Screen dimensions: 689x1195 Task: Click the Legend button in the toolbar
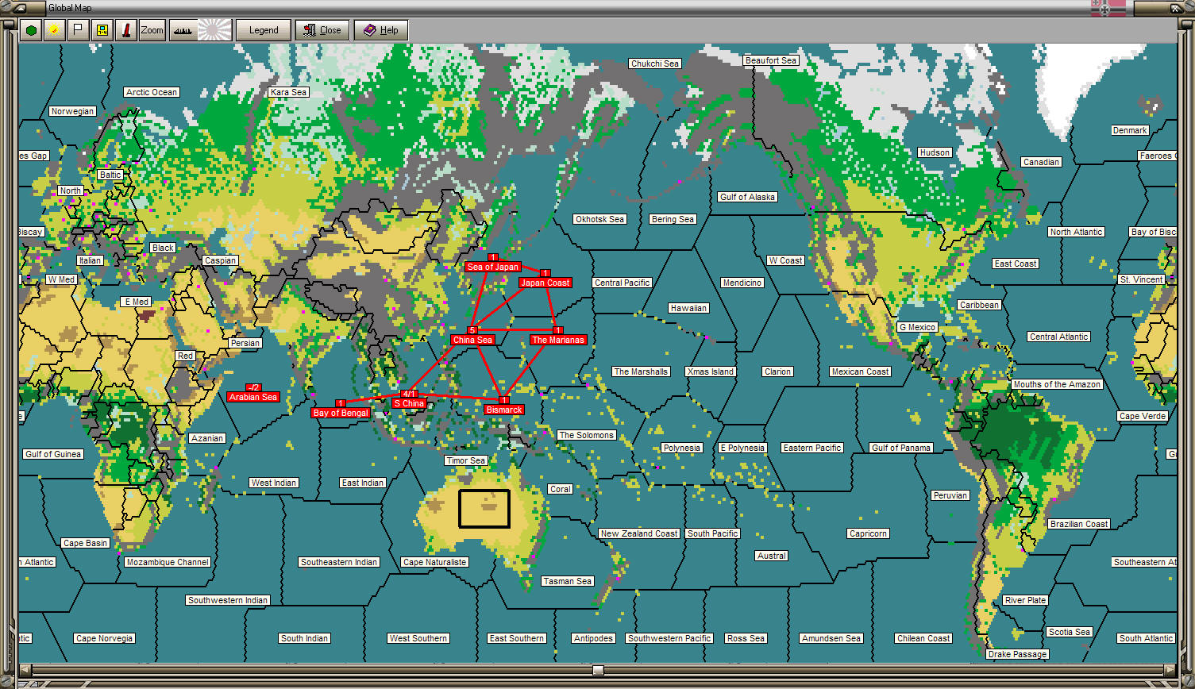pos(264,30)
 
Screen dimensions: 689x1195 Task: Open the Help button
pos(381,30)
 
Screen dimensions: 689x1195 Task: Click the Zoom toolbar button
pos(152,30)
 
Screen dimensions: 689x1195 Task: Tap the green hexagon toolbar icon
pos(31,30)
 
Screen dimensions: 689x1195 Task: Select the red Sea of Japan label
pos(492,267)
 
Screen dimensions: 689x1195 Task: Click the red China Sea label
pos(472,340)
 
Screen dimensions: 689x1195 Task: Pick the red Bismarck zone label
pos(504,410)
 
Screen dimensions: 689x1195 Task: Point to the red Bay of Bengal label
pos(341,413)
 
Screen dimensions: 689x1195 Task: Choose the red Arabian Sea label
pos(252,397)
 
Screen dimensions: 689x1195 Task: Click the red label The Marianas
pos(558,340)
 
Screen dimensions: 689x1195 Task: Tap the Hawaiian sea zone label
pos(688,308)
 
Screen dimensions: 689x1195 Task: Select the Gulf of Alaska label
pos(747,197)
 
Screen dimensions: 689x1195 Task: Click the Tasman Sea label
pos(567,581)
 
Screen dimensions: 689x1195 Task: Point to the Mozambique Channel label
pos(168,562)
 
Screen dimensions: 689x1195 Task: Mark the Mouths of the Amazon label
pos(1057,384)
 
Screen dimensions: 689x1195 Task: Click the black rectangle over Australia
pos(484,509)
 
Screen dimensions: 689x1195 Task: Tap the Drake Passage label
pos(1018,654)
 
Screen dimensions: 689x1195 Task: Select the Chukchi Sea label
pos(655,64)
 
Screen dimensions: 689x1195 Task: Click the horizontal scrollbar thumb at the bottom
pos(598,670)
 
